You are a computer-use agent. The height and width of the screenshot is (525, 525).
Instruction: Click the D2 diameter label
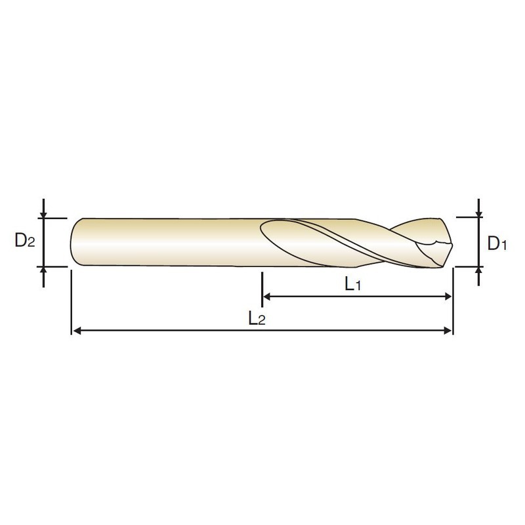point(25,240)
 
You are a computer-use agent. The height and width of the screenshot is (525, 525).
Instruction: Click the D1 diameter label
point(497,243)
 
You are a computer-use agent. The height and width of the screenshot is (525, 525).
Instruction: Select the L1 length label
point(353,285)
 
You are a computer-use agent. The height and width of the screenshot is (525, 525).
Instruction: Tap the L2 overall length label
point(257,318)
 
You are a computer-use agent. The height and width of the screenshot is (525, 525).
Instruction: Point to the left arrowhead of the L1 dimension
point(267,297)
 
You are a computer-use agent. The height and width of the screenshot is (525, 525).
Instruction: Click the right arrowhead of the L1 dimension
point(448,297)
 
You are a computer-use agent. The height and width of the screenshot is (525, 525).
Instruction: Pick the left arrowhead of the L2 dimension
point(77,331)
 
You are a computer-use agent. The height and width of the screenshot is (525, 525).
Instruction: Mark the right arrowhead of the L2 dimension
point(448,331)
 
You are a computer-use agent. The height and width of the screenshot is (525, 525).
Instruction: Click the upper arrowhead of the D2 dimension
point(43,215)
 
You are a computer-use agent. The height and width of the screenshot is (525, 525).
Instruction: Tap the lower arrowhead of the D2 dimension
point(43,270)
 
